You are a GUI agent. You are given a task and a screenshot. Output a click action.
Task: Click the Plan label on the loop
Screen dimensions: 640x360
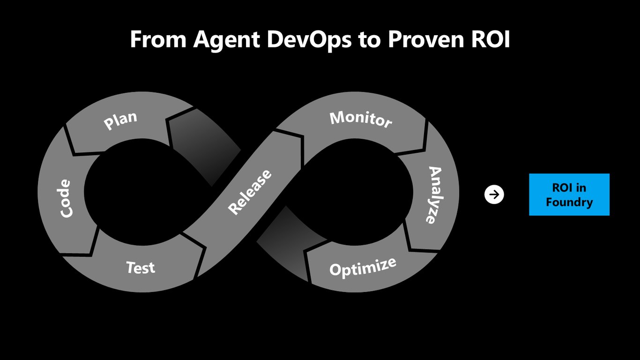click(120, 120)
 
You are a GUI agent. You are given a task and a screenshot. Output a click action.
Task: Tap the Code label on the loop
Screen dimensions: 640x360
click(65, 198)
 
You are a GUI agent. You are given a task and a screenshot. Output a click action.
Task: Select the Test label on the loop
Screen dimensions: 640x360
click(141, 268)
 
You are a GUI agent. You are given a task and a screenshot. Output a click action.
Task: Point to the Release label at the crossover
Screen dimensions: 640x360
click(249, 192)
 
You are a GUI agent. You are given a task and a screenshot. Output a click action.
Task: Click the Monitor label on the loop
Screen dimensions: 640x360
click(361, 120)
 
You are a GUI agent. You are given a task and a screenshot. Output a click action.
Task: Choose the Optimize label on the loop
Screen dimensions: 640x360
click(363, 267)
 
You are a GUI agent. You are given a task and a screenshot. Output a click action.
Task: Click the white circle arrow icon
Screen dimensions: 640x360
click(494, 195)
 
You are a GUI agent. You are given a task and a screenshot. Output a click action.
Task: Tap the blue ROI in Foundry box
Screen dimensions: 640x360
click(569, 195)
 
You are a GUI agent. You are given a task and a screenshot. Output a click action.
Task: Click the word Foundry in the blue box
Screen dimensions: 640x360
click(569, 202)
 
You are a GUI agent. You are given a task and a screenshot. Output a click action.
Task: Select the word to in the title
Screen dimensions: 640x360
click(370, 40)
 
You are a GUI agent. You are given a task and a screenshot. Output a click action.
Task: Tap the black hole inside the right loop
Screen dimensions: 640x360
click(354, 192)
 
